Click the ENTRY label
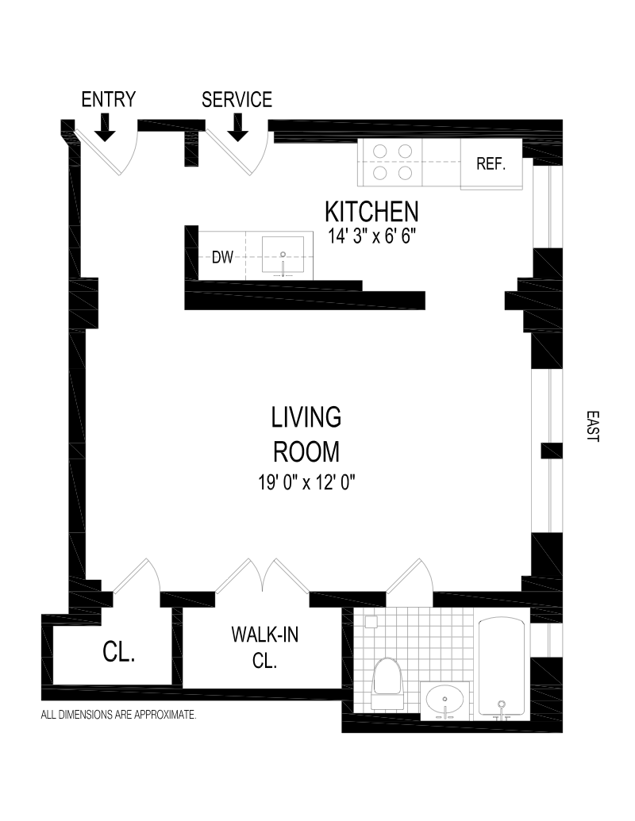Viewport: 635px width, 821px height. (x=109, y=99)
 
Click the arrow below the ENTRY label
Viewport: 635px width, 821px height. (x=106, y=129)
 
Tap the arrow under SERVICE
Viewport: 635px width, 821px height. (x=238, y=129)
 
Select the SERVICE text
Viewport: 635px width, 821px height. (x=237, y=99)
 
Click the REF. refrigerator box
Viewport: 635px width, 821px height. (x=491, y=164)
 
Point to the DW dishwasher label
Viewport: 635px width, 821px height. (x=222, y=257)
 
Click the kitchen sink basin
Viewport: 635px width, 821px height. (x=283, y=255)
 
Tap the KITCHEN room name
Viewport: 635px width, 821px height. (x=372, y=212)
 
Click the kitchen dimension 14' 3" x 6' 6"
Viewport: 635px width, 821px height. (x=372, y=236)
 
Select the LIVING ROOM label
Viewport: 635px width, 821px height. (x=306, y=435)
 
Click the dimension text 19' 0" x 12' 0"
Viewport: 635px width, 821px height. (x=306, y=481)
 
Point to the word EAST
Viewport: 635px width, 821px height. (x=593, y=426)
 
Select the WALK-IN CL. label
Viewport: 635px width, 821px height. (x=265, y=648)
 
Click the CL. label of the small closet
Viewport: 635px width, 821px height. (x=119, y=652)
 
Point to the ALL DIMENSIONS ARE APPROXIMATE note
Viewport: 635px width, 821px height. (x=118, y=714)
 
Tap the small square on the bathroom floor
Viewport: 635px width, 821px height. (x=371, y=622)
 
